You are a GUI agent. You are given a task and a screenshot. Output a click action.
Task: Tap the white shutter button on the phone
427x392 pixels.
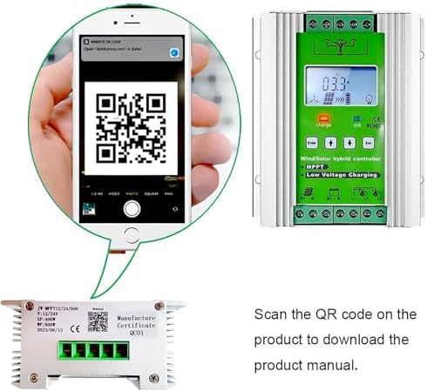pyautogui.click(x=131, y=208)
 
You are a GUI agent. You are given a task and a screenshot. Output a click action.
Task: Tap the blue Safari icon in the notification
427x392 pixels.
pyautogui.click(x=175, y=52)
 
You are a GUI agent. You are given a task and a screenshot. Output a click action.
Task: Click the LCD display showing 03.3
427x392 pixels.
pyautogui.click(x=340, y=88)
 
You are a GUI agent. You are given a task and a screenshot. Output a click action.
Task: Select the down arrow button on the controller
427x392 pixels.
pyautogui.click(x=349, y=141)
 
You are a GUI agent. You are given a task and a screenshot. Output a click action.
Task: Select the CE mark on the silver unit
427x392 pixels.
pyautogui.click(x=75, y=328)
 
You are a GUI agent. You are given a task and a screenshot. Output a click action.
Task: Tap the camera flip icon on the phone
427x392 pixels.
pyautogui.click(x=175, y=208)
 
